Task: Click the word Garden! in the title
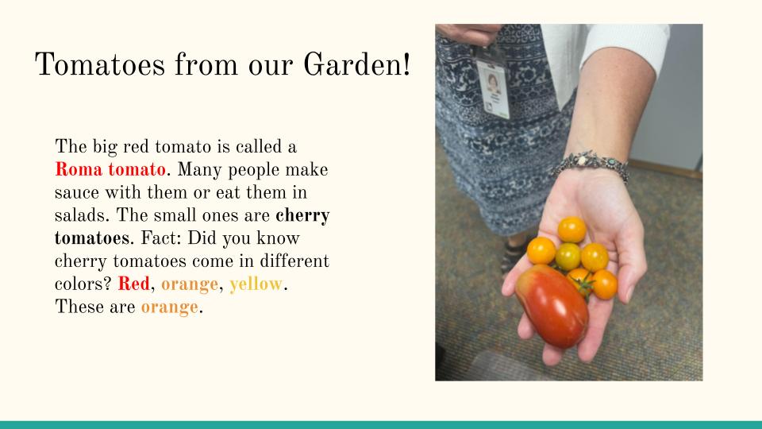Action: point(357,64)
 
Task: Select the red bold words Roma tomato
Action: point(110,169)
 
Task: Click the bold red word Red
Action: point(133,284)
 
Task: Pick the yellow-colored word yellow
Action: point(256,284)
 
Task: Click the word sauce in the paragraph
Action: point(78,192)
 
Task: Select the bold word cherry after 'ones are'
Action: point(302,216)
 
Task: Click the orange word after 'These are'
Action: point(170,307)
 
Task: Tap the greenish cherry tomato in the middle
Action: point(568,257)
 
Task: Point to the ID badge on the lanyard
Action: point(493,88)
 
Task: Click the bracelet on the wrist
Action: point(589,164)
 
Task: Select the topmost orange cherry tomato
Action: point(571,229)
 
